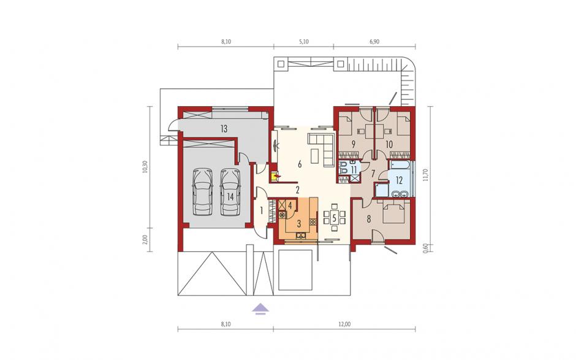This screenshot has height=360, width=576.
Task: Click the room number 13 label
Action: pyautogui.click(x=224, y=129)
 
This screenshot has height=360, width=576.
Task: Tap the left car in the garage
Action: pyautogui.click(x=203, y=192)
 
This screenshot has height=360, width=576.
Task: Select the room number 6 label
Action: pyautogui.click(x=300, y=164)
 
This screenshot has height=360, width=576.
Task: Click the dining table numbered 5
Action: pyautogui.click(x=334, y=217)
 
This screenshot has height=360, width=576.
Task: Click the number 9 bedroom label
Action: pyautogui.click(x=353, y=144)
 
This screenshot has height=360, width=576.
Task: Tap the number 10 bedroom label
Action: pyautogui.click(x=389, y=144)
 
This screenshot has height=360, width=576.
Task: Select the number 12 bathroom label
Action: pyautogui.click(x=400, y=180)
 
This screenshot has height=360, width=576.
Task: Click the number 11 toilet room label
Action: pyautogui.click(x=354, y=169)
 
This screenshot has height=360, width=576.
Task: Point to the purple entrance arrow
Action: pyautogui.click(x=260, y=308)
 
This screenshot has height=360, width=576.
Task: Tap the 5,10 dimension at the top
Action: pyautogui.click(x=303, y=42)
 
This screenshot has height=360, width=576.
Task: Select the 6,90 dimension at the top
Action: pyautogui.click(x=374, y=42)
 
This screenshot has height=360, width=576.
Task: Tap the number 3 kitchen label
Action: pyautogui.click(x=298, y=223)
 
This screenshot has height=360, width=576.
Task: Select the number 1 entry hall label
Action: pyautogui.click(x=262, y=211)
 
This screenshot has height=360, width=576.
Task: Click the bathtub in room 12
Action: pyautogui.click(x=400, y=164)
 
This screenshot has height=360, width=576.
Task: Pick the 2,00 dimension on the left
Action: pyautogui.click(x=146, y=239)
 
